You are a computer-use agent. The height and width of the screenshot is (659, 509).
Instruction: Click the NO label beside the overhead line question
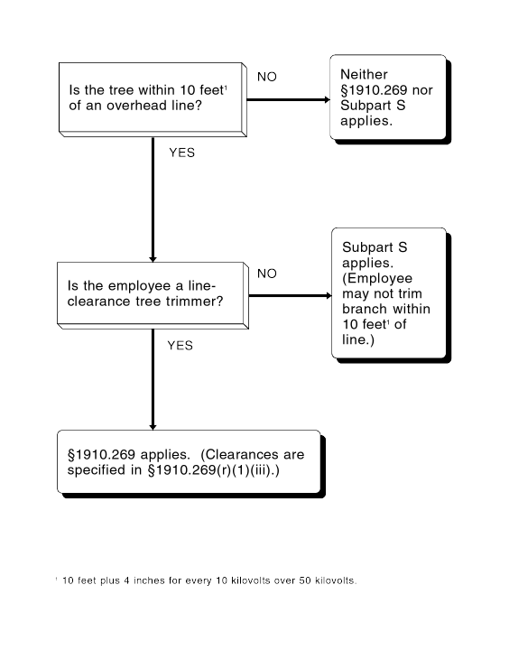click(x=267, y=77)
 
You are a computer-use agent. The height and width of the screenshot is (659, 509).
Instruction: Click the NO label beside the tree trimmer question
click(x=267, y=274)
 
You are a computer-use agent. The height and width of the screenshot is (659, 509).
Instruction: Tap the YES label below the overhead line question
click(x=182, y=153)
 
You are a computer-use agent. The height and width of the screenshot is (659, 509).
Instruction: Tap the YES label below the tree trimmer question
click(x=180, y=346)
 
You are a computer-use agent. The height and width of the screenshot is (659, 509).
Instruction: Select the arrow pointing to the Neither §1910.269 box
click(x=288, y=99)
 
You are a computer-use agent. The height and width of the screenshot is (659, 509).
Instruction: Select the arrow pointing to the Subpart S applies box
click(x=290, y=296)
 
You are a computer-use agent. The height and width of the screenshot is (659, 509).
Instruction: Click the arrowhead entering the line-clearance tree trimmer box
click(x=153, y=259)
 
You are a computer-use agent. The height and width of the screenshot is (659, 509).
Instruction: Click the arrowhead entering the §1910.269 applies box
click(x=153, y=427)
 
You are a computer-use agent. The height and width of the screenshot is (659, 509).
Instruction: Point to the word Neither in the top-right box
click(x=364, y=74)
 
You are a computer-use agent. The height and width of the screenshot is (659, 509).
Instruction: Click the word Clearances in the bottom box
click(x=243, y=455)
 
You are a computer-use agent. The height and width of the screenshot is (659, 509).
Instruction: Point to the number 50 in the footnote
click(x=305, y=580)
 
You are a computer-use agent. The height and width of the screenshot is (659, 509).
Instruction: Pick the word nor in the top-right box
click(x=422, y=90)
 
